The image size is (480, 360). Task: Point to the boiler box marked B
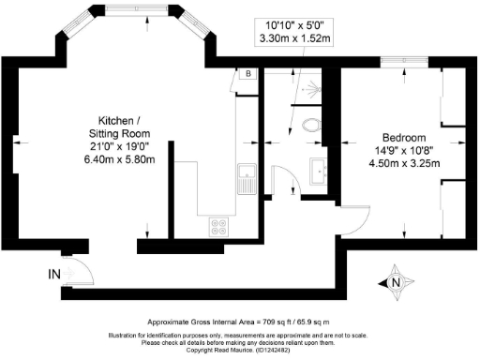247,73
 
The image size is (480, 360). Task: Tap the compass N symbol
395,279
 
